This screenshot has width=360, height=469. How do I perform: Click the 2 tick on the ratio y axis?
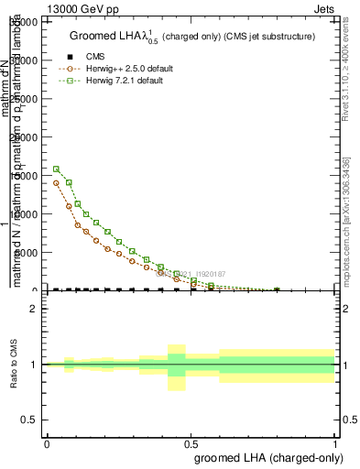[x=35, y=309]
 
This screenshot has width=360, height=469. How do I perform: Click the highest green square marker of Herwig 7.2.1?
[x=56, y=169]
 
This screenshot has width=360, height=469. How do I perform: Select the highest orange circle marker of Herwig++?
[x=56, y=182]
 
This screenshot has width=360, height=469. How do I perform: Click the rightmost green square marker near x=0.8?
[x=277, y=290]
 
